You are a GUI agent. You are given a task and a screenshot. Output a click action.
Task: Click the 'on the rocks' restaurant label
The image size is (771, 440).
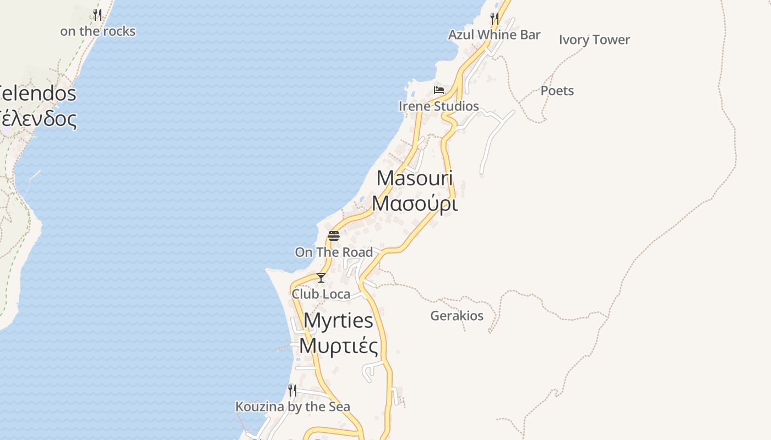[x=97, y=31]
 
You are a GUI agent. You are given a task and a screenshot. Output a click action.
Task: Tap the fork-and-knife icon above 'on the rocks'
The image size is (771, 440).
[x=97, y=15]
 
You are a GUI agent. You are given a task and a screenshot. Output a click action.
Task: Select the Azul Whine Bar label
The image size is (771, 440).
[x=494, y=35]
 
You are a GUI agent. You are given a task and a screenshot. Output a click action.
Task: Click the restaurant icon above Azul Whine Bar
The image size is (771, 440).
[x=494, y=19]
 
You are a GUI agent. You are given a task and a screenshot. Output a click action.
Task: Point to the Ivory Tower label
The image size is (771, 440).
[x=594, y=40]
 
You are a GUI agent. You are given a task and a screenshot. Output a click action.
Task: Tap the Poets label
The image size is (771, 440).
[x=557, y=91]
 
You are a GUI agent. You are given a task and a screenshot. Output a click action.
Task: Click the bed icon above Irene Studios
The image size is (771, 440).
[x=439, y=90]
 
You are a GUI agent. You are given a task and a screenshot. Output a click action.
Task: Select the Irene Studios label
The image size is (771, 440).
[x=439, y=106]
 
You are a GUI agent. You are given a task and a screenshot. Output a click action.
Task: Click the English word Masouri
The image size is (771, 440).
[x=415, y=178]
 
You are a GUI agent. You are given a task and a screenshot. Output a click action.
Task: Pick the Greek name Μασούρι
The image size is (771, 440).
[x=415, y=204]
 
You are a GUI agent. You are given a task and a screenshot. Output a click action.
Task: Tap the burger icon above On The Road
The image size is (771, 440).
[x=334, y=236]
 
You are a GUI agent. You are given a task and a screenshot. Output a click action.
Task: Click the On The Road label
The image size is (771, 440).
[x=334, y=252]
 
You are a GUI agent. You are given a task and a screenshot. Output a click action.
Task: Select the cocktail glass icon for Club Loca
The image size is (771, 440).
[x=321, y=278]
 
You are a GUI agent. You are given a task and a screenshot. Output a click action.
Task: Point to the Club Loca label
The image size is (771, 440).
[x=321, y=294]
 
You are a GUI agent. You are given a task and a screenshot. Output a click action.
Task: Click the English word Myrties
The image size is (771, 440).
[x=339, y=321]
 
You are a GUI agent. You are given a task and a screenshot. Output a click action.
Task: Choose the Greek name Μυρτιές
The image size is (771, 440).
[x=339, y=346]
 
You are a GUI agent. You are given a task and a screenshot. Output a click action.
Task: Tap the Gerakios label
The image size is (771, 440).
[x=457, y=316]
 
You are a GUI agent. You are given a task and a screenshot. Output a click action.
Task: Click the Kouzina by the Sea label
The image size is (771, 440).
[x=292, y=407]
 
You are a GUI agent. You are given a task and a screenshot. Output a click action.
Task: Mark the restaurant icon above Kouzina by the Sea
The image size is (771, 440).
[x=292, y=391]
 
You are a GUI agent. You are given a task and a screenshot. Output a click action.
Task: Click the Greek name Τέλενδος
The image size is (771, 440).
[x=39, y=118]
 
